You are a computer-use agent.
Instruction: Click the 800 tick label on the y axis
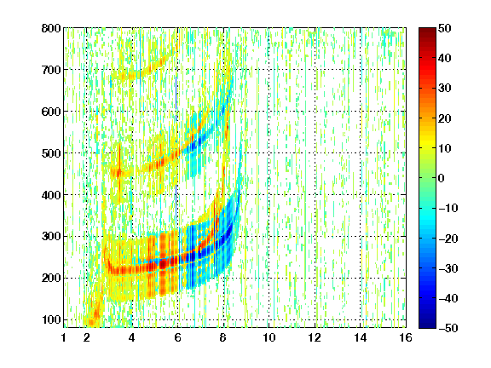click(x=51, y=28)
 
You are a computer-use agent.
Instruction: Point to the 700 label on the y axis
click(x=51, y=70)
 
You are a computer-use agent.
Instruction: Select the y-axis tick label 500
click(x=51, y=153)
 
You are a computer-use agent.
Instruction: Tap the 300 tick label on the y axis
click(x=51, y=237)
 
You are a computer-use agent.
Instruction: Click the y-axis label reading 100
click(x=51, y=319)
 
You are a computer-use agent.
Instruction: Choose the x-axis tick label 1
click(x=64, y=337)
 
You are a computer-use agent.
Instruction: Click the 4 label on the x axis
click(x=131, y=337)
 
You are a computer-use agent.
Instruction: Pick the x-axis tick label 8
click(x=222, y=337)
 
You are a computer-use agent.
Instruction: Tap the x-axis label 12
click(x=314, y=337)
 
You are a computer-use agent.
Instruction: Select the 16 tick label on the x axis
click(x=406, y=337)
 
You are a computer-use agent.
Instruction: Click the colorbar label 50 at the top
click(x=445, y=28)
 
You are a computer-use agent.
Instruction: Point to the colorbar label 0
click(x=442, y=178)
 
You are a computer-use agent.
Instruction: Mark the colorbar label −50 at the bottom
click(x=448, y=328)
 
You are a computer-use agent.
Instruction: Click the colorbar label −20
click(x=448, y=239)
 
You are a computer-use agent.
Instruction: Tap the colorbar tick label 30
click(x=445, y=89)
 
